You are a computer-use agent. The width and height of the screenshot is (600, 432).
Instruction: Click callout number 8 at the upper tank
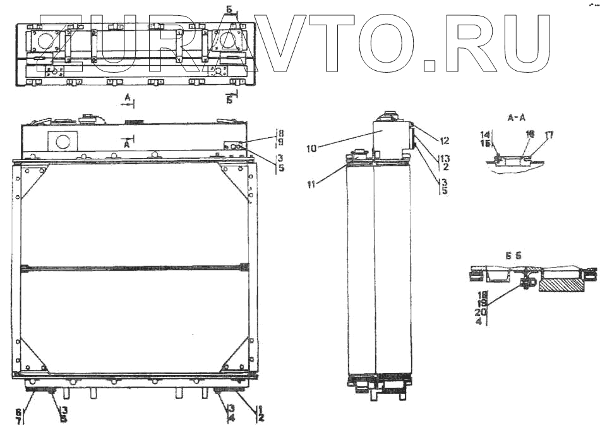280,134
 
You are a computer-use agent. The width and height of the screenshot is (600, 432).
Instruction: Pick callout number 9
280,143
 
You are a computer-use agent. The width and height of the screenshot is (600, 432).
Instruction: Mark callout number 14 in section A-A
485,134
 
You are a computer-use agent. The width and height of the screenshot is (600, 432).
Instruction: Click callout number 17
549,134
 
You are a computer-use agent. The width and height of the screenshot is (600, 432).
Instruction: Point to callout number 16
529,134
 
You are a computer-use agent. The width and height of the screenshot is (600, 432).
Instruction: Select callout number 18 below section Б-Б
482,294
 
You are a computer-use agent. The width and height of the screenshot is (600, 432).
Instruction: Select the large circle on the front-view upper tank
63,140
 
